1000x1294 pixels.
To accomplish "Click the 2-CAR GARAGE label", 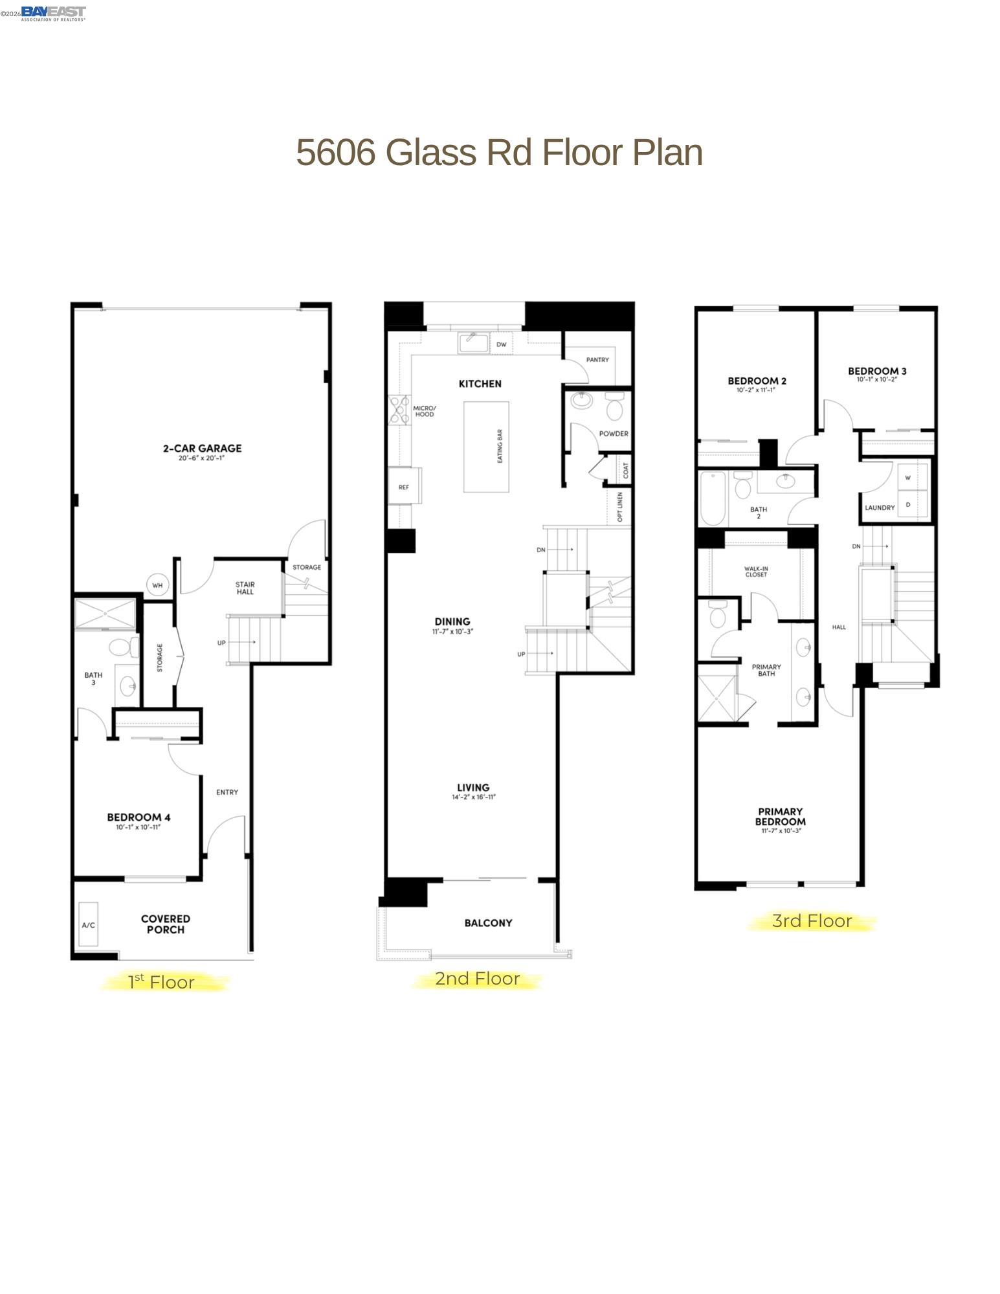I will tap(201, 448).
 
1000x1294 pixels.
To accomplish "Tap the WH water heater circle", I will tap(157, 585).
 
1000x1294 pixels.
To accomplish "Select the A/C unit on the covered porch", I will tap(89, 925).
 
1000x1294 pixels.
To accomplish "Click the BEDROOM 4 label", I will tap(139, 817).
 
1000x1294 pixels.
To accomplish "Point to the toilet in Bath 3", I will tap(123, 647).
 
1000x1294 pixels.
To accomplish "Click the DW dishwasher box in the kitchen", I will tap(501, 344).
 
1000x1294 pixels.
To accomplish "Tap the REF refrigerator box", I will tap(404, 487).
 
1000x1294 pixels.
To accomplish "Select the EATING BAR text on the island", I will tap(500, 447).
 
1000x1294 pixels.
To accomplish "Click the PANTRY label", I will tap(597, 359).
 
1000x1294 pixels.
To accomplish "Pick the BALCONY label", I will tap(488, 923).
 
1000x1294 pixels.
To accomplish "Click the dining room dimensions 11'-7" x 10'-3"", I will tap(452, 631).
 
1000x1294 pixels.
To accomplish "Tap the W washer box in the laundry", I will tap(907, 478).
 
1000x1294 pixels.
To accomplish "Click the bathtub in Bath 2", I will tap(713, 498).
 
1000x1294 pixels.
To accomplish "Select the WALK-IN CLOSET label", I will tap(755, 571).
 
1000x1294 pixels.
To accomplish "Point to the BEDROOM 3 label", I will tap(877, 371).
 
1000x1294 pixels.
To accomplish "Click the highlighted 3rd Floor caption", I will tap(812, 920).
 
